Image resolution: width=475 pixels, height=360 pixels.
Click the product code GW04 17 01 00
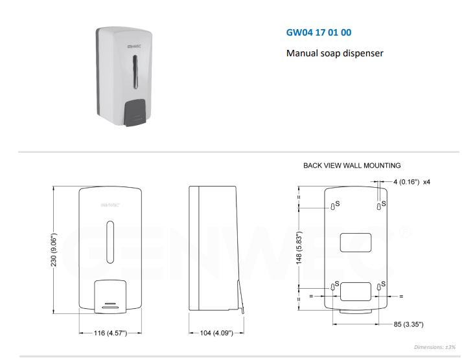click(319, 32)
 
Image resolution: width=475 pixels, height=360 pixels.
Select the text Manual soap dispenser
click(335, 53)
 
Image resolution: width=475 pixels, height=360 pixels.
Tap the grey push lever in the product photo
click(135, 112)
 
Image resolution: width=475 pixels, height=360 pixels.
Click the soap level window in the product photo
click(135, 72)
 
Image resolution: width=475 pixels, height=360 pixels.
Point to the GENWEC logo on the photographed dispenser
click(134, 47)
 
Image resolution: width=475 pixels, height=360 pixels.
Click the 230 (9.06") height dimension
click(54, 250)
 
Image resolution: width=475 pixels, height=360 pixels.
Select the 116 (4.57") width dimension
click(110, 333)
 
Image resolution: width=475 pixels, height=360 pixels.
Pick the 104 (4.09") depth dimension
click(216, 333)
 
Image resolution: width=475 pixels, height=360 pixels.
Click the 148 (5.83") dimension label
click(299, 248)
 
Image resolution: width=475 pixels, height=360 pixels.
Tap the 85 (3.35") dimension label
click(408, 324)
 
